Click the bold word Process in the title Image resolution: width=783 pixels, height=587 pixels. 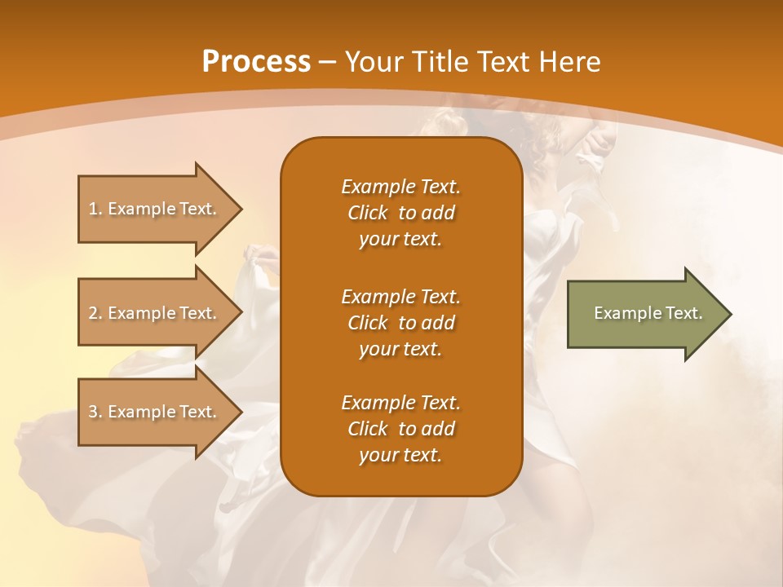(256, 62)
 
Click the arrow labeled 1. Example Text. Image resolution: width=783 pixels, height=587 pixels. (155, 209)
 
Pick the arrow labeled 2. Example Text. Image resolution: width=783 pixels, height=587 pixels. (155, 313)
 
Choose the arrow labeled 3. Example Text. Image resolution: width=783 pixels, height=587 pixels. (155, 412)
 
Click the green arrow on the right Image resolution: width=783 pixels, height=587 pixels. (644, 313)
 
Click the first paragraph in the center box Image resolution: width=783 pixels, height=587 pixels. (400, 213)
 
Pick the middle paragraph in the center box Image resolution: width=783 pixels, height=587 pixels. (400, 323)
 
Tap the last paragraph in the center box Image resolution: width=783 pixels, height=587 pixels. (400, 429)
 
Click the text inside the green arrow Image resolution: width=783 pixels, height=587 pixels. (648, 313)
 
